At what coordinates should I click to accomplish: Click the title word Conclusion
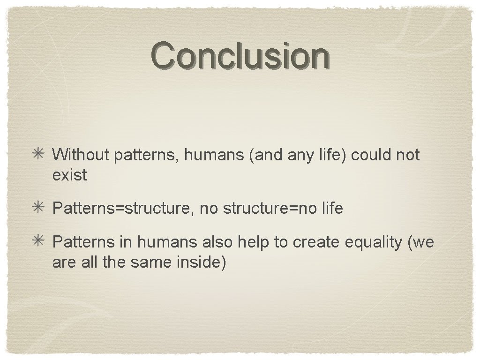click(240, 55)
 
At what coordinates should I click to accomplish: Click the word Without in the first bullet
click(80, 155)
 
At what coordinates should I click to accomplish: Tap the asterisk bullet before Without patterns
click(38, 154)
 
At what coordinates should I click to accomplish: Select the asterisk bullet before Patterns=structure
click(38, 208)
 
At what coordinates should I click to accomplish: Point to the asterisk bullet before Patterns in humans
click(38, 242)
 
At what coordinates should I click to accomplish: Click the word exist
click(70, 175)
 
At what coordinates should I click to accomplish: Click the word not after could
click(407, 155)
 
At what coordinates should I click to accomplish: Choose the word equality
click(373, 243)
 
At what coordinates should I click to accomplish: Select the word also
click(217, 242)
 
